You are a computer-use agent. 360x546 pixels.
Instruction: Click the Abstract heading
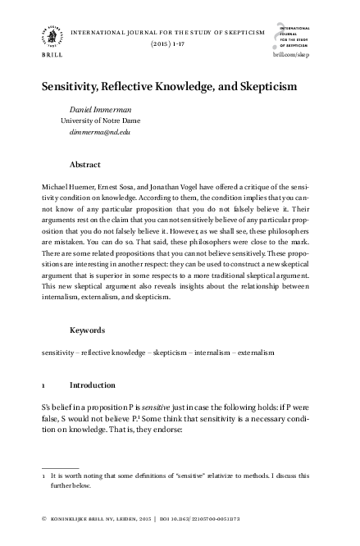(85, 164)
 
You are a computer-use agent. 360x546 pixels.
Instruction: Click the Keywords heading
(88, 330)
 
